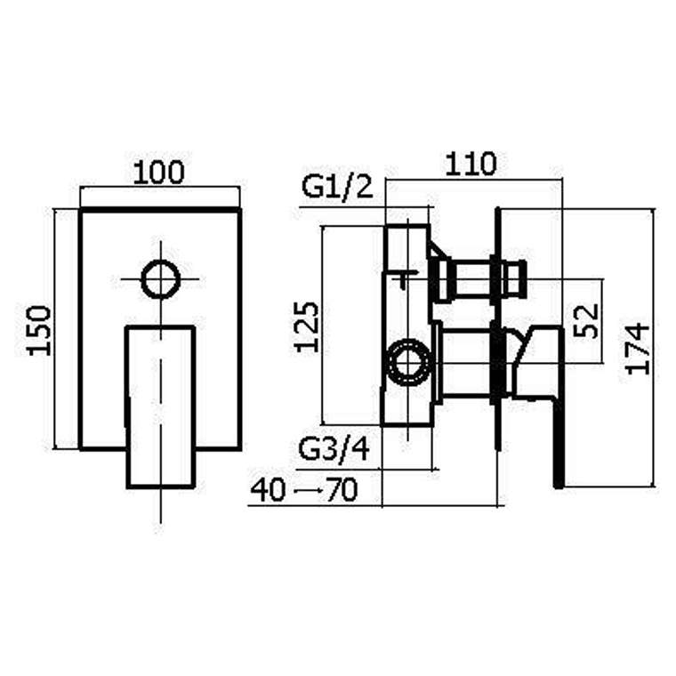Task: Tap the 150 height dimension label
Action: tap(39, 331)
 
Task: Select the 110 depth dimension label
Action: tap(471, 164)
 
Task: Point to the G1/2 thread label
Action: tap(337, 188)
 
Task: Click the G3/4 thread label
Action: tap(334, 450)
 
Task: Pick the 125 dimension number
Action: tap(307, 327)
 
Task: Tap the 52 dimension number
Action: tap(586, 321)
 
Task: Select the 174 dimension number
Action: tap(638, 350)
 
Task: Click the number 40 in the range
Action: tap(268, 490)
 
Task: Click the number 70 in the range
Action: tap(342, 490)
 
